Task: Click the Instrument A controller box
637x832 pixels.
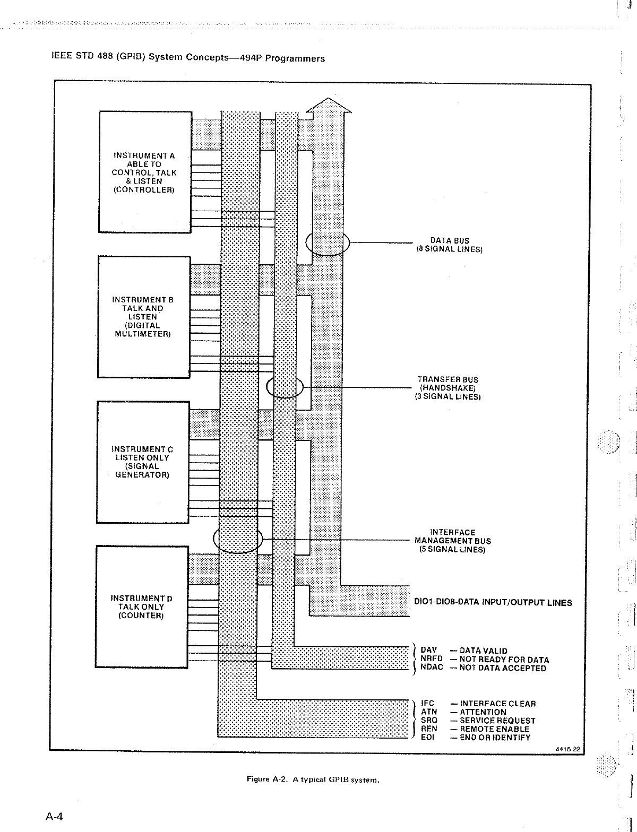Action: (x=145, y=172)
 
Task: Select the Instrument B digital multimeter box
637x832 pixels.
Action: (x=143, y=317)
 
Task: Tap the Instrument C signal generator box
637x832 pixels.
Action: (x=142, y=462)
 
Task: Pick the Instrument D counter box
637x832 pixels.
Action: (x=142, y=606)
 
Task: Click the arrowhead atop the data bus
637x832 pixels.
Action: (x=329, y=106)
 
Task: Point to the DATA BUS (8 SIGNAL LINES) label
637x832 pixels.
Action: (x=450, y=245)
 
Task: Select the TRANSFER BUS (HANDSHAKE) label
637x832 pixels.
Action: (x=447, y=388)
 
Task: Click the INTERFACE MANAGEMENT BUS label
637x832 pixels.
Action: (x=453, y=541)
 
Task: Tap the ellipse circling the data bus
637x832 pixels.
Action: (x=328, y=244)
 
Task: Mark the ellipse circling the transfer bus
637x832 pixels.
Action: (x=285, y=387)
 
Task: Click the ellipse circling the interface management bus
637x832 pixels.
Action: (x=238, y=539)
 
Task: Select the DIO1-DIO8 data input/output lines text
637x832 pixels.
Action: (x=493, y=602)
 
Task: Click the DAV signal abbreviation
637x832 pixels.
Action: (x=428, y=651)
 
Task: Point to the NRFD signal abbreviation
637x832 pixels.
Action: (x=431, y=659)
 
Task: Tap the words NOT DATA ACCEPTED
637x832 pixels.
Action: (x=503, y=668)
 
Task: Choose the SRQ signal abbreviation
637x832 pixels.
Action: (x=429, y=720)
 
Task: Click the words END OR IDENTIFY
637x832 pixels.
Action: (x=495, y=737)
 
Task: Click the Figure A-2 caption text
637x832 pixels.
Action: (x=313, y=780)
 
